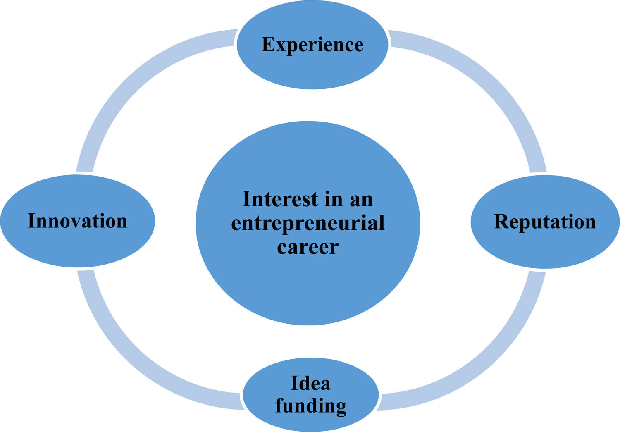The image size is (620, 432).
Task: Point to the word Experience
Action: (312, 45)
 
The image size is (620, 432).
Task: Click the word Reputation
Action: (545, 222)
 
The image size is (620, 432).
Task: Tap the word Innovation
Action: (77, 221)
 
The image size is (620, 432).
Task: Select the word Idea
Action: (310, 383)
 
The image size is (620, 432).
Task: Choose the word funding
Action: (311, 406)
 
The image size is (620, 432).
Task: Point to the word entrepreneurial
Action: (308, 223)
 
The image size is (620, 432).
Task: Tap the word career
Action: (308, 247)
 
